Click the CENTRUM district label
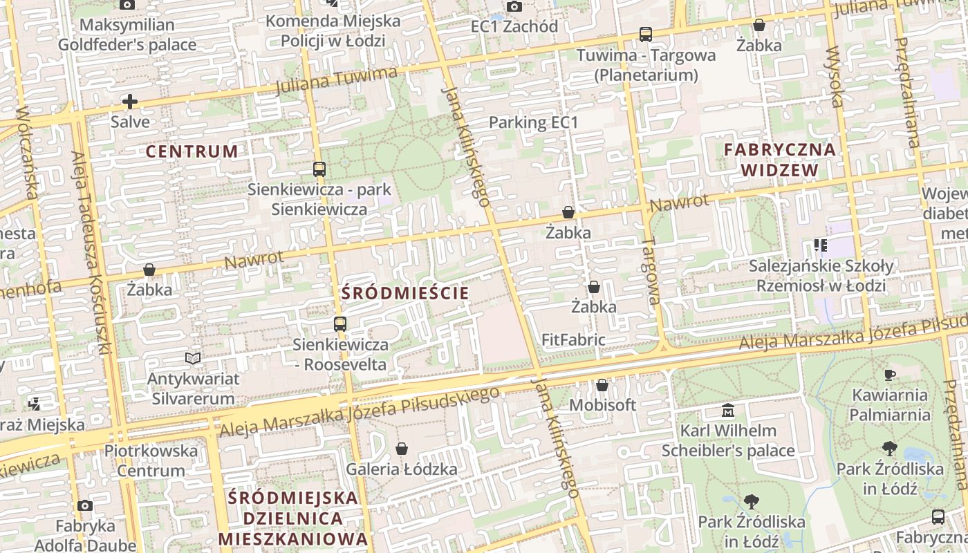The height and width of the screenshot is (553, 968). [x=192, y=151]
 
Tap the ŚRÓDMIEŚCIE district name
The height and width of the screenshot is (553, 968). [x=405, y=293]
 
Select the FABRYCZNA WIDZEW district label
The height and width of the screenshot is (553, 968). [x=779, y=159]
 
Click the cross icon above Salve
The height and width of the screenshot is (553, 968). [x=129, y=102]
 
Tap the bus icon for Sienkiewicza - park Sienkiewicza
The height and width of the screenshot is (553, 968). [x=319, y=169]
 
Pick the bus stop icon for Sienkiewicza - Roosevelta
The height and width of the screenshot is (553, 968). [x=339, y=324]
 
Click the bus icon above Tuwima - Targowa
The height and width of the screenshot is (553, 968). [x=645, y=34]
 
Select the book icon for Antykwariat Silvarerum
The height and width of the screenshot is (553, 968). [x=193, y=358]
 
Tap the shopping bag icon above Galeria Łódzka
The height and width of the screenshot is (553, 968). [x=402, y=449]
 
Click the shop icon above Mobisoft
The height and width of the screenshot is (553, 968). [x=602, y=385]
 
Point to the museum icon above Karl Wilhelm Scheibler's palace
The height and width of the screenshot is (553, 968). [x=727, y=411]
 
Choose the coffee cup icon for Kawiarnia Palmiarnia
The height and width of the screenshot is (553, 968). [x=889, y=375]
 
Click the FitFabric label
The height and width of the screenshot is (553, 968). [x=573, y=340]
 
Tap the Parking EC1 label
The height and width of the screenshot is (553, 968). [x=532, y=122]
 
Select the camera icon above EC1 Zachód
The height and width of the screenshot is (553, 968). [x=514, y=6]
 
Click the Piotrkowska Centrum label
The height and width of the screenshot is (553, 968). [x=151, y=460]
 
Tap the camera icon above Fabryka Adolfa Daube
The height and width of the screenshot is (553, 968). [x=85, y=506]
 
